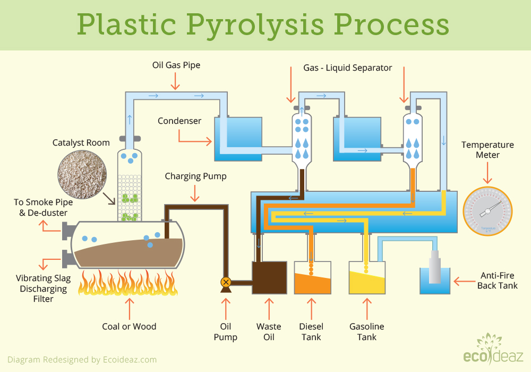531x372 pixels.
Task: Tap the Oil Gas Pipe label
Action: click(x=175, y=65)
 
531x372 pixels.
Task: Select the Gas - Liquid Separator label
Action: click(x=347, y=67)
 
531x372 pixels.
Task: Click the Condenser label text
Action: click(x=179, y=121)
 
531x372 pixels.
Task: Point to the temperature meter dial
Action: click(x=486, y=211)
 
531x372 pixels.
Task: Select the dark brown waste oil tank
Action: click(x=269, y=277)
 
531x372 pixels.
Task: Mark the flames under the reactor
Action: click(x=127, y=283)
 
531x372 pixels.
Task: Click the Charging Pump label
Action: click(x=195, y=176)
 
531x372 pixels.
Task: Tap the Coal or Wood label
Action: click(x=129, y=326)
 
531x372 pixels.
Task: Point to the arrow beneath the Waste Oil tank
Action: click(x=269, y=307)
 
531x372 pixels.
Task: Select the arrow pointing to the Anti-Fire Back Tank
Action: click(x=465, y=280)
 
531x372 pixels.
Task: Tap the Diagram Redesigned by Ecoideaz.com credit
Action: click(x=82, y=359)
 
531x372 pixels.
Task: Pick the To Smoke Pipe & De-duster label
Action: click(x=44, y=207)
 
